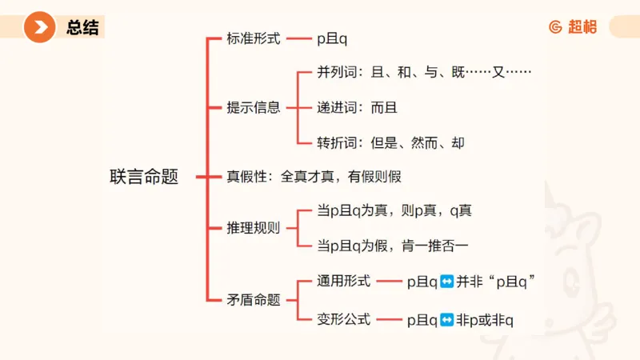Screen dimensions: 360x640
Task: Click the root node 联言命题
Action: [x=144, y=177]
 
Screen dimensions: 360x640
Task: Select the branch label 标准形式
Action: [x=254, y=38]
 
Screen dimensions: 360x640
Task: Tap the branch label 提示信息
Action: [x=254, y=107]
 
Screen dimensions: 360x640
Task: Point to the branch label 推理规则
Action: [x=254, y=227]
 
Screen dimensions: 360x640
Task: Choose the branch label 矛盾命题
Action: [x=254, y=300]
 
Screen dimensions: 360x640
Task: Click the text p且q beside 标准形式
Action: [x=333, y=38]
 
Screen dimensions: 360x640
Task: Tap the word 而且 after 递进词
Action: [x=384, y=107]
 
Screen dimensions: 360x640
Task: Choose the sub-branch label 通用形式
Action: [x=344, y=281]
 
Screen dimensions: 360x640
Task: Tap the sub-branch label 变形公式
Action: [x=344, y=319]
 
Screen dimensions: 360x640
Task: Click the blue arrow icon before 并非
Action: [x=447, y=281]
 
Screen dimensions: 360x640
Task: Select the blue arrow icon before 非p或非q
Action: [x=447, y=320]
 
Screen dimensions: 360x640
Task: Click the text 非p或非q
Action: [x=486, y=320]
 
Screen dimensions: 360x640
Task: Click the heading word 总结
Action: [x=83, y=28]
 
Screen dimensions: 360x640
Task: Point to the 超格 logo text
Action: [x=582, y=26]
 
